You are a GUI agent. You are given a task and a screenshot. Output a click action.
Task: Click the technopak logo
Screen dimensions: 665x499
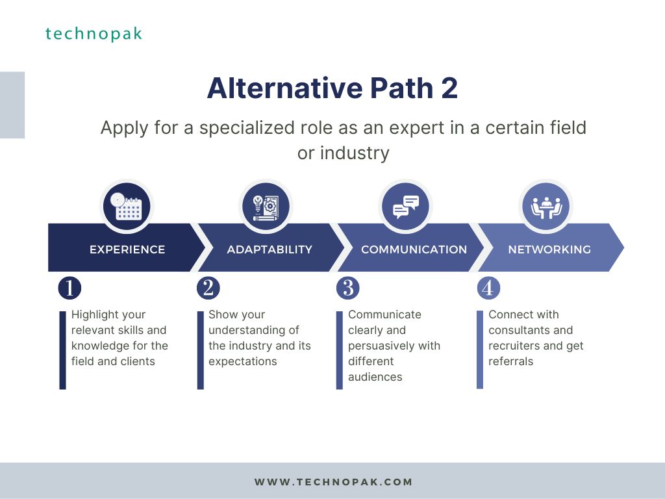coord(94,34)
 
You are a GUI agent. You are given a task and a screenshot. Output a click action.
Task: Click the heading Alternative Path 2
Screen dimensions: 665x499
coord(332,88)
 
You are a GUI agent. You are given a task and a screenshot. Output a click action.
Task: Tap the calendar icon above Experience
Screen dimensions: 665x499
coord(127,207)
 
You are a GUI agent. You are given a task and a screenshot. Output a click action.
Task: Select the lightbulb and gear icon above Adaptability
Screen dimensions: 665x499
coord(266,207)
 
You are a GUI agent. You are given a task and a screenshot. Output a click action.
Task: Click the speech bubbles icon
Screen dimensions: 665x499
coord(405,207)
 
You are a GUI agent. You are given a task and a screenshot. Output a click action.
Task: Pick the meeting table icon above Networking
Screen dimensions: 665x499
coord(546,207)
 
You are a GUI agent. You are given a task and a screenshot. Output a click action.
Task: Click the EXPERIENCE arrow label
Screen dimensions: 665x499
coord(127,249)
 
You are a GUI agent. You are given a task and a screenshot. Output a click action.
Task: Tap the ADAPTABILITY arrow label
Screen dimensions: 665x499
coord(270,249)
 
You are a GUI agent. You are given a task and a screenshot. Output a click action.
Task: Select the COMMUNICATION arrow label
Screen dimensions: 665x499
coord(414,249)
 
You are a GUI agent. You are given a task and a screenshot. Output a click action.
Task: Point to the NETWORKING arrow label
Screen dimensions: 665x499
coord(549,249)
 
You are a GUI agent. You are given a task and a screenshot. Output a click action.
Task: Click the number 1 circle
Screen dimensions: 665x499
coord(69,288)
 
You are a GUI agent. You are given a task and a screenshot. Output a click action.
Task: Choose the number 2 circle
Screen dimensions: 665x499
coord(208,288)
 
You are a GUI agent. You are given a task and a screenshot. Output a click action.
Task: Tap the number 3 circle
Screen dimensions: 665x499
coord(348,288)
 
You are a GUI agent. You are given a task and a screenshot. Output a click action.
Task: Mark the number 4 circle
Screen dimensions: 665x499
coord(488,288)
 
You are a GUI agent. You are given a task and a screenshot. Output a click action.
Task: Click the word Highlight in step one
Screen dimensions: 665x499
coord(90,315)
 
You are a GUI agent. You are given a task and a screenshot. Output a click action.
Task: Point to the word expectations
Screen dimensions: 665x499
coord(243,361)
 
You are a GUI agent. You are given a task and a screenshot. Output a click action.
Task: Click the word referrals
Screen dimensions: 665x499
coord(510,361)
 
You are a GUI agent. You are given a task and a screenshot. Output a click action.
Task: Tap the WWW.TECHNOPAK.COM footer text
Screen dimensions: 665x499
coord(333,482)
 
